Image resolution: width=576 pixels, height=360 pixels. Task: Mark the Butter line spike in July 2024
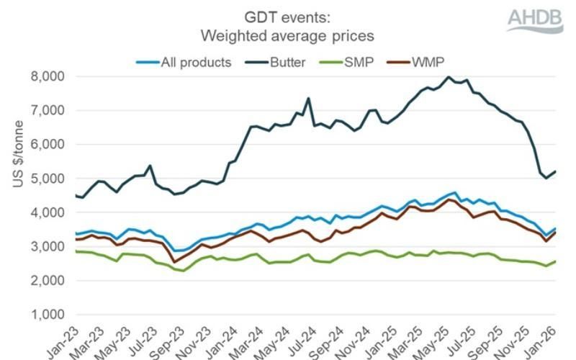click(308, 99)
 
